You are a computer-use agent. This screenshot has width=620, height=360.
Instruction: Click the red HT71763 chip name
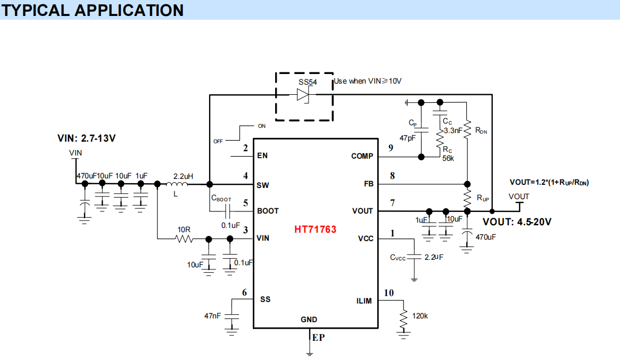tap(315, 230)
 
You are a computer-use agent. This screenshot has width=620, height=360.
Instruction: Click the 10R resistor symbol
tap(184, 239)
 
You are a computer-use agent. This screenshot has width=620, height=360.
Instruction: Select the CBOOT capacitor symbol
tap(227, 211)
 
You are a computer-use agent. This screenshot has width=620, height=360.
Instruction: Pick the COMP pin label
tap(362, 156)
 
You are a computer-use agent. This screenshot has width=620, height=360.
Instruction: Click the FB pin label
tap(368, 184)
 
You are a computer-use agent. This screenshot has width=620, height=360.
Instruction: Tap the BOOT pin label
tap(268, 211)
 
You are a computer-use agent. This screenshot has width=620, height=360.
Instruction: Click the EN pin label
tap(262, 156)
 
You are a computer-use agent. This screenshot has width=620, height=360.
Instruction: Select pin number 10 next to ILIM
tap(388, 292)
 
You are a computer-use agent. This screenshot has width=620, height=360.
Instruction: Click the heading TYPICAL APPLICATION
tap(93, 10)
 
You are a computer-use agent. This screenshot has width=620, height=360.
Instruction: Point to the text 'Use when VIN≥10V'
tap(367, 81)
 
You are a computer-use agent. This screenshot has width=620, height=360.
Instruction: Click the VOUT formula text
tap(549, 183)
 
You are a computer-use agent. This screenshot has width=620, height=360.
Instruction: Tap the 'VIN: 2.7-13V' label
tap(86, 138)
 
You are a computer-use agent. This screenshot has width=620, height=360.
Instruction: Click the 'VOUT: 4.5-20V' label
tap(517, 222)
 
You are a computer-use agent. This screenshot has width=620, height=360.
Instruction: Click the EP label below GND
tap(318, 338)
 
